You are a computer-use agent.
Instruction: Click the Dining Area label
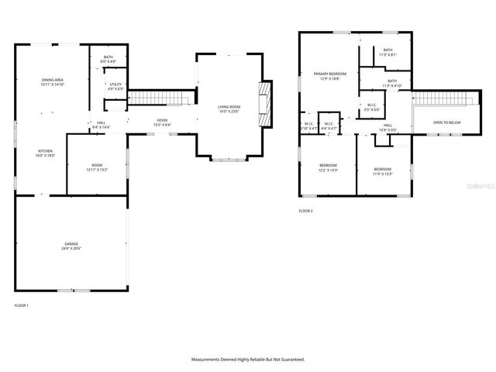tap(53, 82)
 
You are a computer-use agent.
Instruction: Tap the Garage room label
tap(71, 246)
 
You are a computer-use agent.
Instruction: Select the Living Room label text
tap(229, 108)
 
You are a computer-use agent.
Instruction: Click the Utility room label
tap(115, 86)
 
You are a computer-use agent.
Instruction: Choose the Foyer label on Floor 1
tap(162, 122)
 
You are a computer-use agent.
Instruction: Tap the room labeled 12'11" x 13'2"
tap(97, 167)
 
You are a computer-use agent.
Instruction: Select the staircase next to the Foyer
tap(159, 98)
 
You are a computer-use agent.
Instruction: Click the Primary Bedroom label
tap(329, 76)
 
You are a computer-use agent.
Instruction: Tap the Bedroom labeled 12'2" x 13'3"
tap(328, 168)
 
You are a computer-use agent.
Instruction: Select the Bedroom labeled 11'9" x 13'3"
tap(383, 171)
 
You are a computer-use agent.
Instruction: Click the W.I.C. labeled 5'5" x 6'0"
tap(372, 108)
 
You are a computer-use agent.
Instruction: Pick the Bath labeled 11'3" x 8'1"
tap(387, 52)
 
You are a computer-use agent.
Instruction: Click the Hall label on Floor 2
tap(387, 126)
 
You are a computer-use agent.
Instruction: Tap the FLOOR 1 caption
tap(22, 305)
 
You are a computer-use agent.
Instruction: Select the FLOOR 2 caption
tap(306, 211)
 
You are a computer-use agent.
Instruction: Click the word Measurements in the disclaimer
tap(210, 360)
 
